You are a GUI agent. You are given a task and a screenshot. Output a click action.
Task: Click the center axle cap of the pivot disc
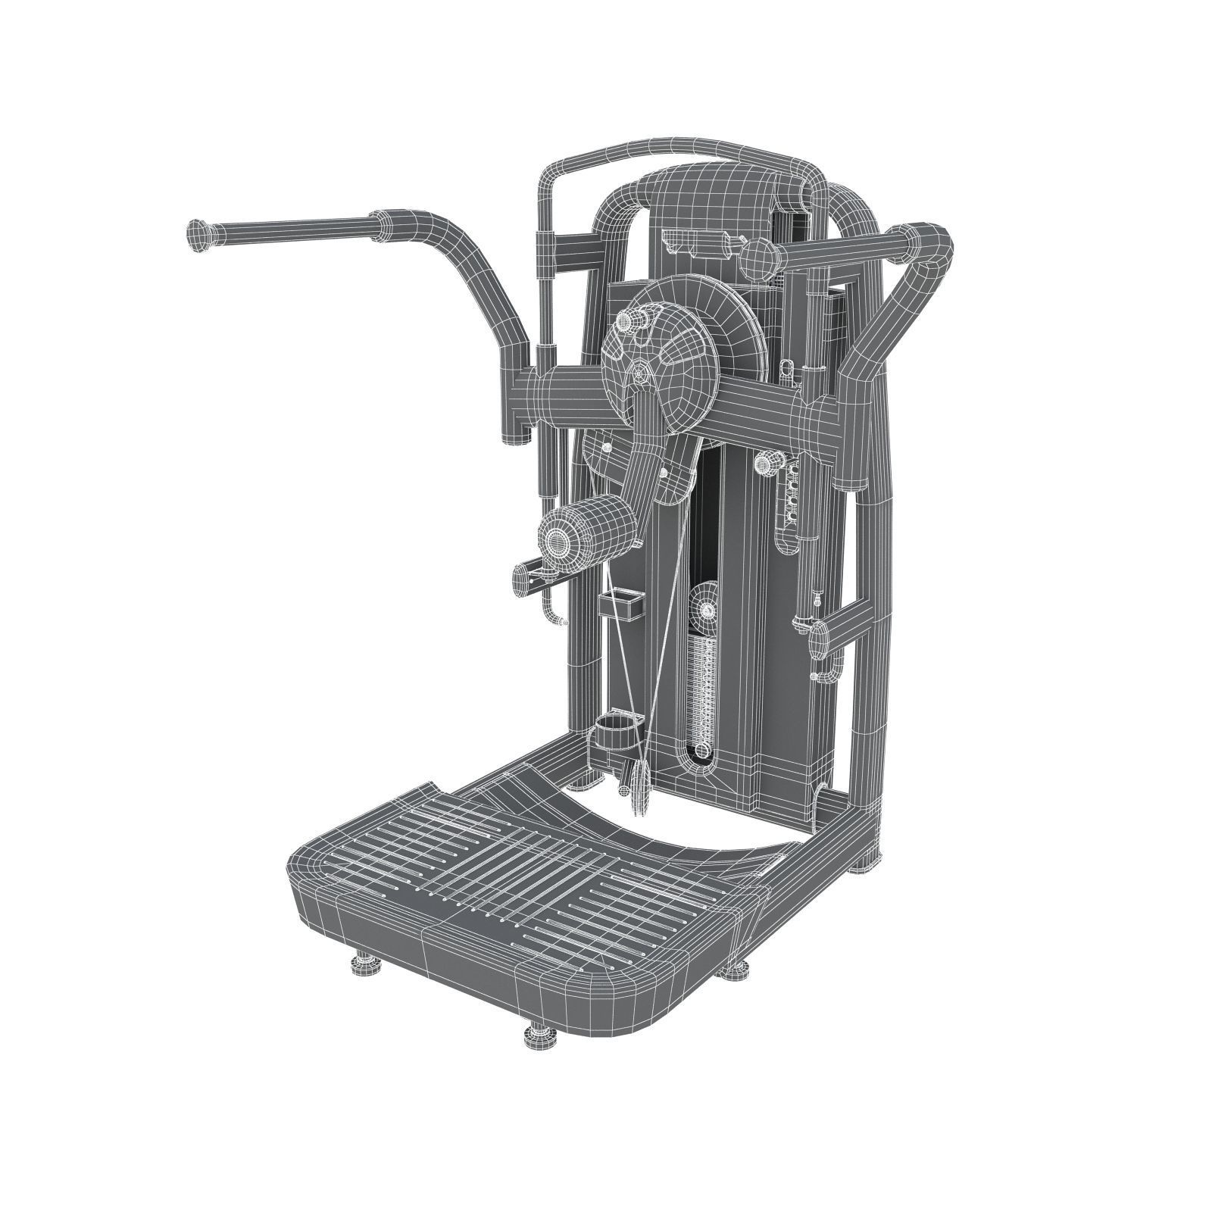coord(642,373)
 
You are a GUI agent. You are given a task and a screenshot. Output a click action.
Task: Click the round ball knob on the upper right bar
coord(759,259)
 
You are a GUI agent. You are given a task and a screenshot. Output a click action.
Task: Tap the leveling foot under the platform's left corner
coord(363,964)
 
